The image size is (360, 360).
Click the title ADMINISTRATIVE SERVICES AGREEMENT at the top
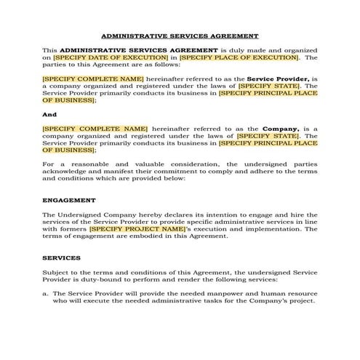(179, 35)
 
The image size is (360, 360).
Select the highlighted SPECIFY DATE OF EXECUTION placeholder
(111, 57)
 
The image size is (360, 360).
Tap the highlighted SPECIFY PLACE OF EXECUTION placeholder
(239, 57)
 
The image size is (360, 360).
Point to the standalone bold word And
(49, 114)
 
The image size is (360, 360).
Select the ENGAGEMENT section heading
(68, 200)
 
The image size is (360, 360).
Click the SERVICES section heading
(61, 257)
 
